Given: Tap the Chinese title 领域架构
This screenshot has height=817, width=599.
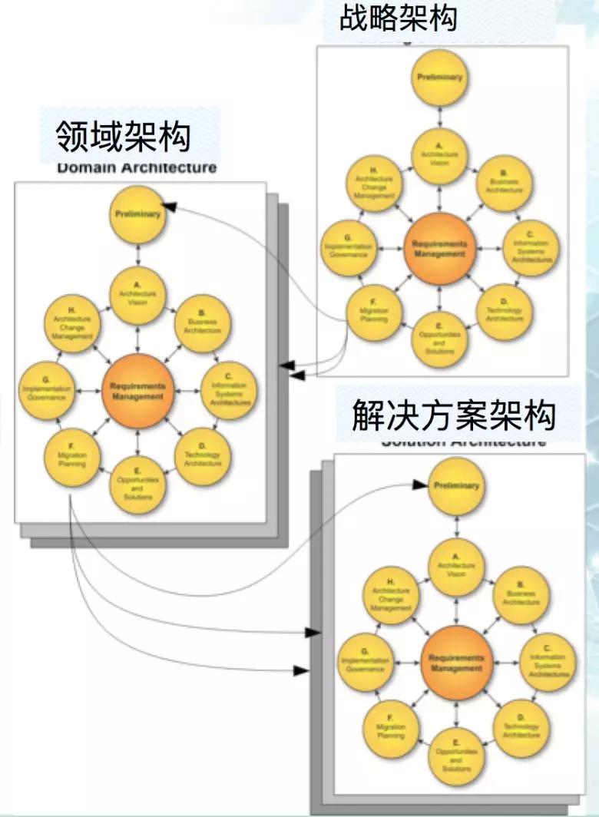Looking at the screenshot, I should pyautogui.click(x=124, y=137).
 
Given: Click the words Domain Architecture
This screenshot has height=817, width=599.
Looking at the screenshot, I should pyautogui.click(x=137, y=167).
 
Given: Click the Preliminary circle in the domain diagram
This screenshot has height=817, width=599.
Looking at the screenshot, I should pyautogui.click(x=137, y=215).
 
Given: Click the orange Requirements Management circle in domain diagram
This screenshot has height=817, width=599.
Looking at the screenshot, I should pyautogui.click(x=137, y=392).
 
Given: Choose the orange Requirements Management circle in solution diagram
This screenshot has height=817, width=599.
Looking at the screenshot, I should pyautogui.click(x=457, y=662).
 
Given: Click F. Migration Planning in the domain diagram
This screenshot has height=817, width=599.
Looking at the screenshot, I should pyautogui.click(x=71, y=459).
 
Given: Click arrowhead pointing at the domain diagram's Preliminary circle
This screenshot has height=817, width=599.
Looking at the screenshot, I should pyautogui.click(x=170, y=207).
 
